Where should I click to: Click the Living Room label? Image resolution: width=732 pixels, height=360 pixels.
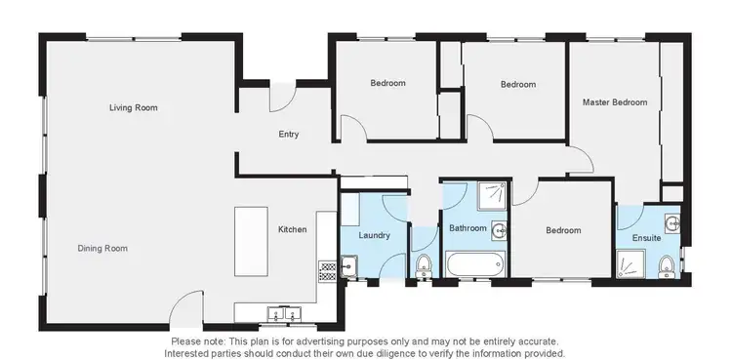point(133,107)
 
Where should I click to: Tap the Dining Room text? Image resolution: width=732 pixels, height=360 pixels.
point(102,248)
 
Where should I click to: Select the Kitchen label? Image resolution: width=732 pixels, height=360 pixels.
point(293,229)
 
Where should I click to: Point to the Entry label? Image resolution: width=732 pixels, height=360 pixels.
point(289,135)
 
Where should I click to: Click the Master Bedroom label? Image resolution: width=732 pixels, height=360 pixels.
point(615,101)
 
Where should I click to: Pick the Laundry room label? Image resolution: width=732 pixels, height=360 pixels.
point(375,235)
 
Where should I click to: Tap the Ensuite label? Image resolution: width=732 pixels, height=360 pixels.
point(646,237)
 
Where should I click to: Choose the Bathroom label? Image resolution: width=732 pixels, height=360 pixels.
point(468,228)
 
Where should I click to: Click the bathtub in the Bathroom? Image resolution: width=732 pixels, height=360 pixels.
point(475,264)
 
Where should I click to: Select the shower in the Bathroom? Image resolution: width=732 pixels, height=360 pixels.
point(493,196)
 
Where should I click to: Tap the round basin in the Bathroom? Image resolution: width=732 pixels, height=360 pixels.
point(500,231)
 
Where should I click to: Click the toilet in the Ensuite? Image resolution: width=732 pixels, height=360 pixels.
point(667,265)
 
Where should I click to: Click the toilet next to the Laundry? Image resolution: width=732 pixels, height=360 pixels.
point(424,265)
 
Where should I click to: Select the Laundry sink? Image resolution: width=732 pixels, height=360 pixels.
point(347,264)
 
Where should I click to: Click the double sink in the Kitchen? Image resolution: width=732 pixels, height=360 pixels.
point(282,313)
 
